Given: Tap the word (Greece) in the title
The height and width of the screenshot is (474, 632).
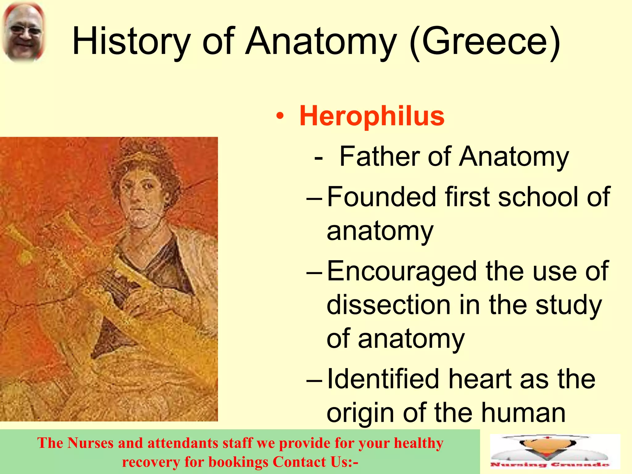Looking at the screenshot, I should [485, 42].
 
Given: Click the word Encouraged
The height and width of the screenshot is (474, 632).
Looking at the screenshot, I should [401, 272].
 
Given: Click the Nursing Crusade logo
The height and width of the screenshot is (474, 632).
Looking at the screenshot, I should [555, 452].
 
